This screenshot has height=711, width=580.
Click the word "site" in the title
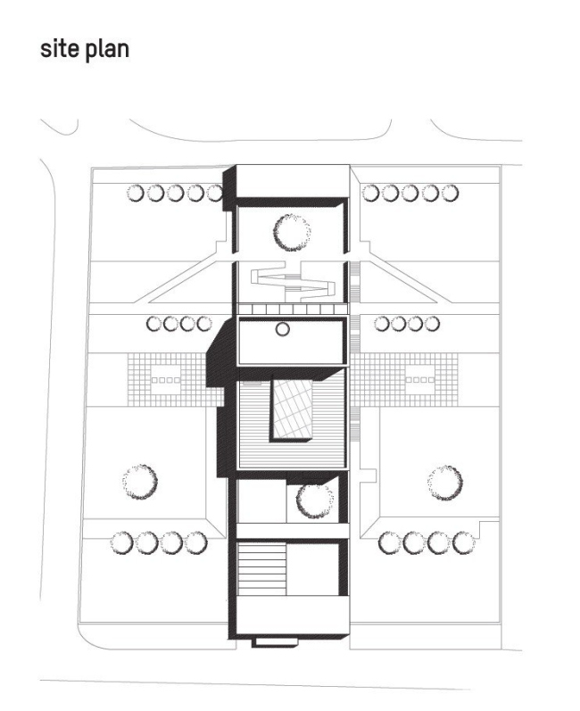pyautogui.click(x=58, y=49)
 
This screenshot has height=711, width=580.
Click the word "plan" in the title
pyautogui.click(x=106, y=50)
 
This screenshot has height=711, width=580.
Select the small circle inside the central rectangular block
pyautogui.click(x=282, y=329)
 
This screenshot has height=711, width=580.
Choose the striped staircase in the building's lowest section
pyautogui.click(x=261, y=572)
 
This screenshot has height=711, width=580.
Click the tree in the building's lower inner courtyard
pyautogui.click(x=314, y=500)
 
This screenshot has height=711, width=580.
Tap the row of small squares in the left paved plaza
pyautogui.click(x=167, y=381)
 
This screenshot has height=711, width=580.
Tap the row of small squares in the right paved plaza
pyautogui.click(x=418, y=380)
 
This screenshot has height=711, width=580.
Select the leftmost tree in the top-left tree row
pyautogui.click(x=135, y=192)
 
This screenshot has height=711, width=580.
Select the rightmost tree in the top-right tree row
pyautogui.click(x=449, y=192)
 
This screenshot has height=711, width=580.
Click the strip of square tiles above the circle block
pyautogui.click(x=292, y=309)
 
